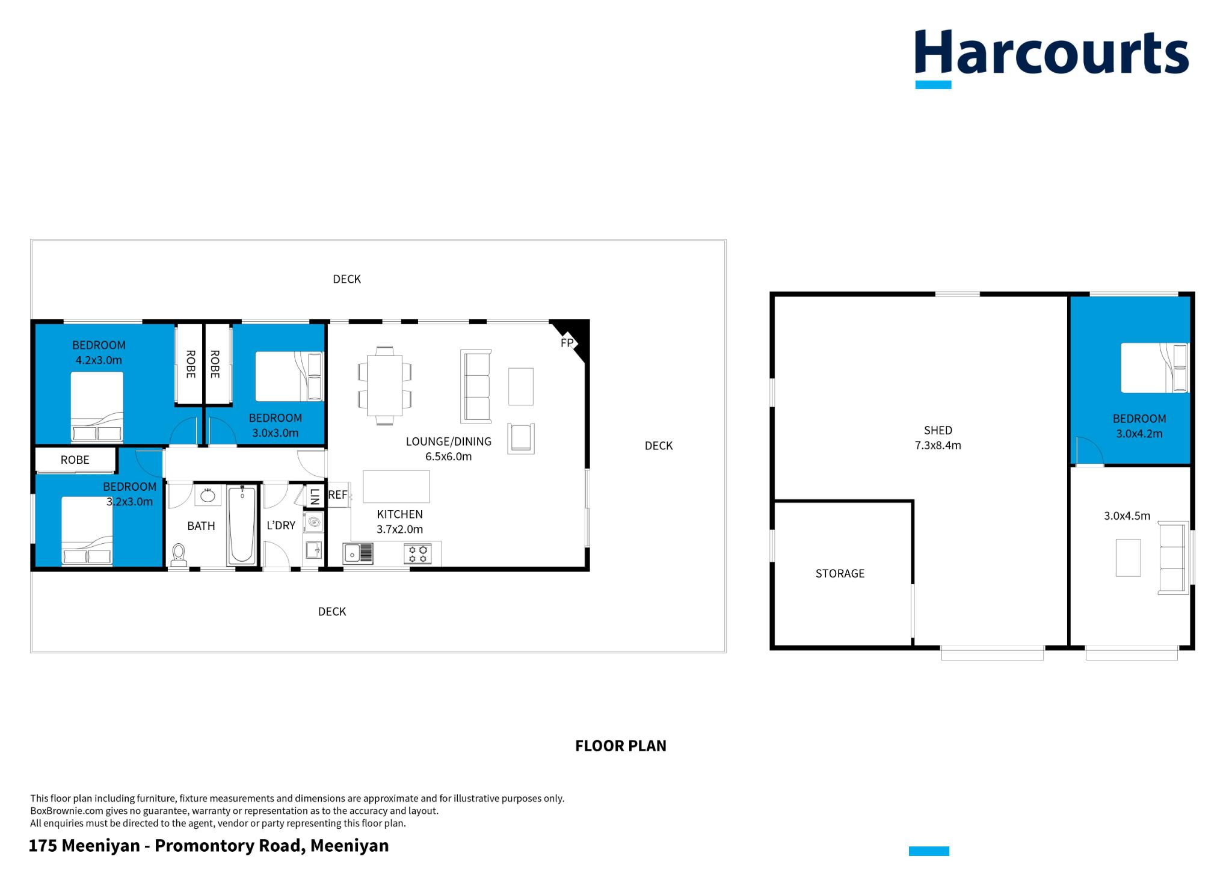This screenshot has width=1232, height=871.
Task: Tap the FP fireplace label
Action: pos(567,343)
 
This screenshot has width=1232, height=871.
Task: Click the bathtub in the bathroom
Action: pos(242,525)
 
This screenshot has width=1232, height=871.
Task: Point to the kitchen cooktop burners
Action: pos(417,553)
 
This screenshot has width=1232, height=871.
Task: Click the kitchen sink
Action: pos(357,553)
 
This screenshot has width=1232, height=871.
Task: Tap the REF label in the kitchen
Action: pos(337,495)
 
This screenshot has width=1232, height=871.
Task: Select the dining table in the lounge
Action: pos(385,385)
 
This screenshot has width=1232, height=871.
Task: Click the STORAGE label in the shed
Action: pos(840,573)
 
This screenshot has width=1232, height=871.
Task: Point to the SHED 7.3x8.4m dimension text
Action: pos(938,446)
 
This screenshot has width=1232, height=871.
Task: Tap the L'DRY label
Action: pos(281,525)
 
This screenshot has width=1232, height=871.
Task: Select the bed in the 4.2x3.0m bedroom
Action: pos(97,407)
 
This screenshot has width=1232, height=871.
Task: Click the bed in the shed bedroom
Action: pos(1154,368)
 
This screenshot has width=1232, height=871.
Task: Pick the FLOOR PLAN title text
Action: pos(620,746)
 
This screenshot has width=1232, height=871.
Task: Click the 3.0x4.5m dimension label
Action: pos(1127,516)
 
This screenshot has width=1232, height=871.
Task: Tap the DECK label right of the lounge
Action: pos(658,446)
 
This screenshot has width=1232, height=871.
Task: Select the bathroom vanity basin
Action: pos(208,495)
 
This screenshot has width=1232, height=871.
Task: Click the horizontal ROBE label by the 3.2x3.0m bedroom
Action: pos(75,460)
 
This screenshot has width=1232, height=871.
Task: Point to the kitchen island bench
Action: pos(396,487)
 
